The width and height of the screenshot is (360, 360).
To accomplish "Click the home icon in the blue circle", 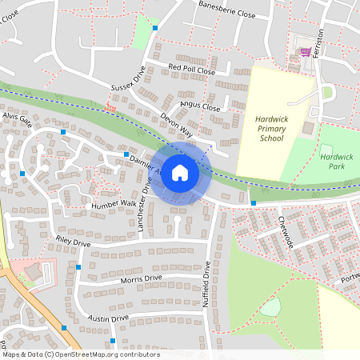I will click(180, 173).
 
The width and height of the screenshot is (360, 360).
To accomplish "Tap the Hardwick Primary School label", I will click(271, 128).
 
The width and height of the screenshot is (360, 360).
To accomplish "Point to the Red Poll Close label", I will click(192, 70).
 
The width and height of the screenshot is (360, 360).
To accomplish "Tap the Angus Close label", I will click(199, 106).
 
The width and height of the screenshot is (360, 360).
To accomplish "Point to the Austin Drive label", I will click(108, 318).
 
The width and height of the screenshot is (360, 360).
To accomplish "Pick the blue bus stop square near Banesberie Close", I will click(155, 28).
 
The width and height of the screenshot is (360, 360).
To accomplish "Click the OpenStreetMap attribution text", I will click(80, 354).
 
